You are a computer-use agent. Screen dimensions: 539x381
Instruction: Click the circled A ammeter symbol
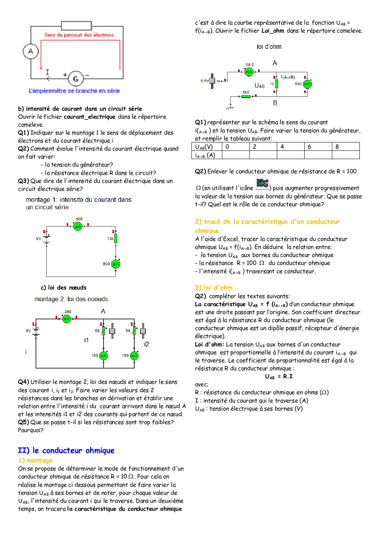31,51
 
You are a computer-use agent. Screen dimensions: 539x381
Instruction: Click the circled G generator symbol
75,79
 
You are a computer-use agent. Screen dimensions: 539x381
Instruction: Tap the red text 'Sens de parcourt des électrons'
79,35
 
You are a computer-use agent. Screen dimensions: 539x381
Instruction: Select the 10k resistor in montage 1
116,238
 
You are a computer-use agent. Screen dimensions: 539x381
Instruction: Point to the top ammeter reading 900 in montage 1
78,226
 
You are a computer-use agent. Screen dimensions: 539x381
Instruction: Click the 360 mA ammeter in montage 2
67,319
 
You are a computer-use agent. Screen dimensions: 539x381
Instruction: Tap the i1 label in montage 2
86,340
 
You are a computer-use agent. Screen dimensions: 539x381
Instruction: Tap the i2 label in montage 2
147,344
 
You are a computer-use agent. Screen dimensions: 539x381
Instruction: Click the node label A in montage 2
103,311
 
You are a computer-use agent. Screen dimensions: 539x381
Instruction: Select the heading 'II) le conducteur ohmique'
66,450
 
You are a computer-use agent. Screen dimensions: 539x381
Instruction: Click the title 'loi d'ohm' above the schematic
269,47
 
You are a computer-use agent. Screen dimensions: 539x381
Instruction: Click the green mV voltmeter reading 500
307,84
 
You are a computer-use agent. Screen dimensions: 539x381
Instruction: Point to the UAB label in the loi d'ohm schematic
259,85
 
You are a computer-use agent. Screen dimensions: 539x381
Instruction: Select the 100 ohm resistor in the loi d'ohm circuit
246,96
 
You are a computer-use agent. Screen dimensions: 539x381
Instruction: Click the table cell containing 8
346,147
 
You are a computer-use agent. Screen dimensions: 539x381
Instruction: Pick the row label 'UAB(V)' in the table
204,147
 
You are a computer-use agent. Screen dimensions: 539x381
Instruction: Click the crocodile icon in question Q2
262,183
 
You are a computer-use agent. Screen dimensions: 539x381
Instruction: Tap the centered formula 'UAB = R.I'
279,376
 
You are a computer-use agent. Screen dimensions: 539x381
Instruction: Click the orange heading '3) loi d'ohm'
214,288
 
